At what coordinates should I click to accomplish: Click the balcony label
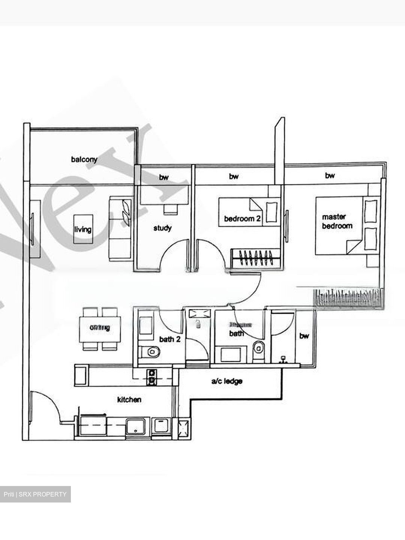click(x=84, y=159)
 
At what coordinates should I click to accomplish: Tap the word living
click(x=82, y=229)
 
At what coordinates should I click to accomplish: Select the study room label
click(x=162, y=228)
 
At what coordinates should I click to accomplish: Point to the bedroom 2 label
click(x=242, y=218)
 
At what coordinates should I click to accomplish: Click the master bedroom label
click(x=337, y=221)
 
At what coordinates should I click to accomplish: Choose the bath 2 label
click(x=170, y=339)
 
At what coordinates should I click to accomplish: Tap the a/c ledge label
click(x=226, y=381)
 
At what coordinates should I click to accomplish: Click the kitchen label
click(x=129, y=400)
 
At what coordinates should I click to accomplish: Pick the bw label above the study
click(x=163, y=177)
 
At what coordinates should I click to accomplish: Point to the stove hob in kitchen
click(x=151, y=377)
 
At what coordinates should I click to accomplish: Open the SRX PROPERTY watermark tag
click(x=35, y=494)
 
